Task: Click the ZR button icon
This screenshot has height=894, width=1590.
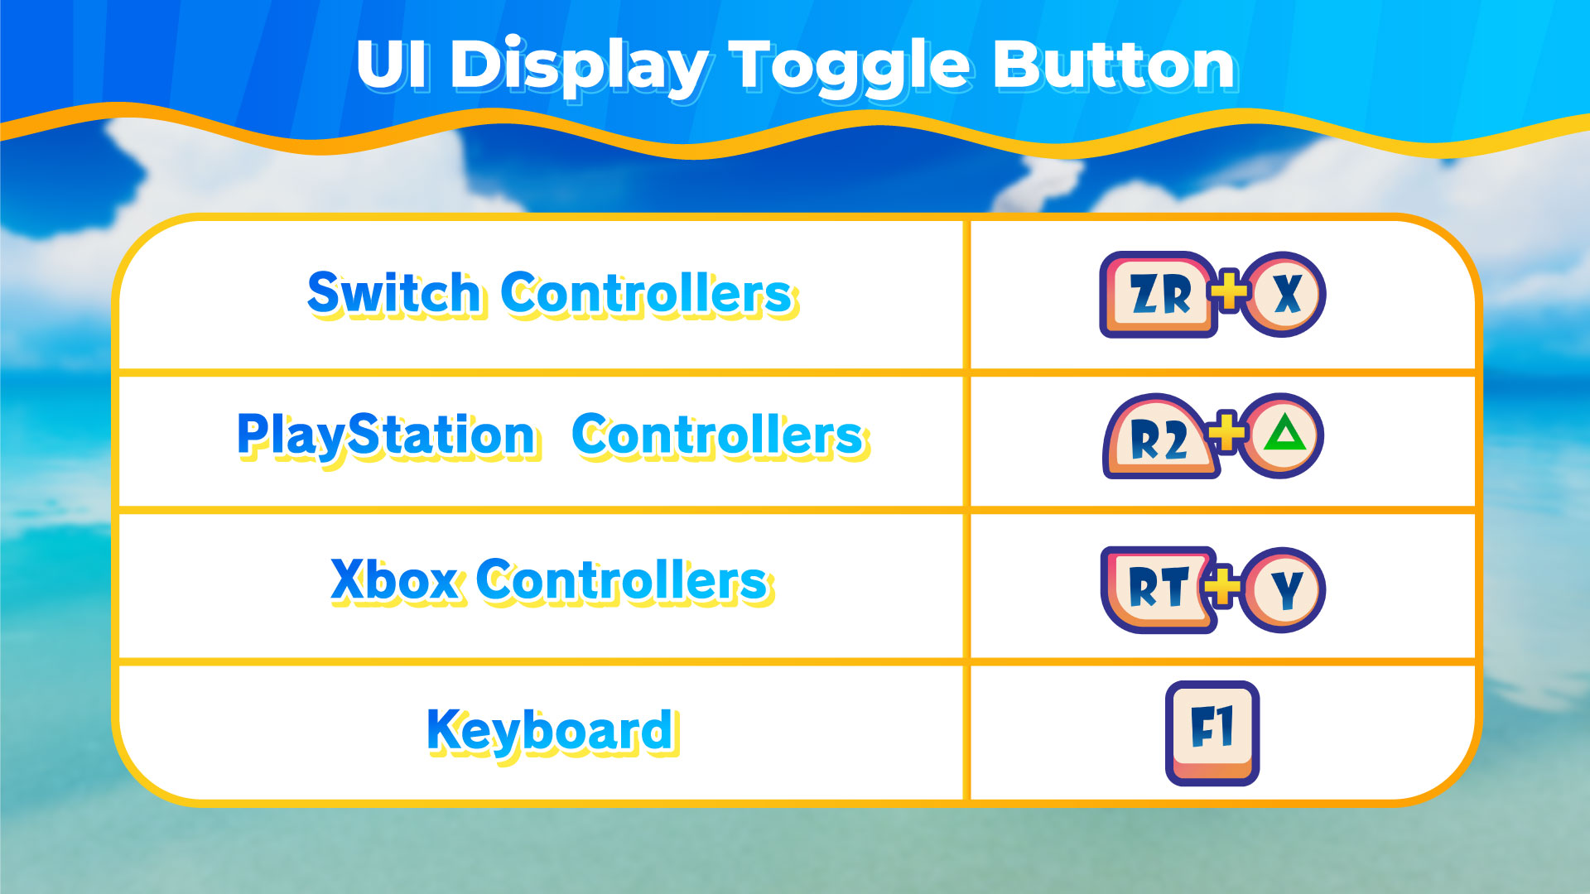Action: point(1158,295)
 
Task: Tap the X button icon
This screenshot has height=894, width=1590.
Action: point(1286,294)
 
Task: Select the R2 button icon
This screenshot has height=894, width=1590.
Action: point(1159,436)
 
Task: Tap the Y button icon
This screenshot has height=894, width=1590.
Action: point(1286,589)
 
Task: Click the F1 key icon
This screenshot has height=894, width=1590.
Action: point(1212,733)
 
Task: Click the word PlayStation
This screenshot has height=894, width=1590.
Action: point(388,436)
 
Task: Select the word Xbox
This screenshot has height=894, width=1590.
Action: point(394,580)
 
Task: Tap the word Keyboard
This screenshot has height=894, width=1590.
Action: point(552,732)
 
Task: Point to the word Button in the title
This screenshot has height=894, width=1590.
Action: point(1115,65)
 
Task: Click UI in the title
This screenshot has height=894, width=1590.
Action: point(393,65)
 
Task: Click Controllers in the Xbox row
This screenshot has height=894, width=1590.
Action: point(625,580)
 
